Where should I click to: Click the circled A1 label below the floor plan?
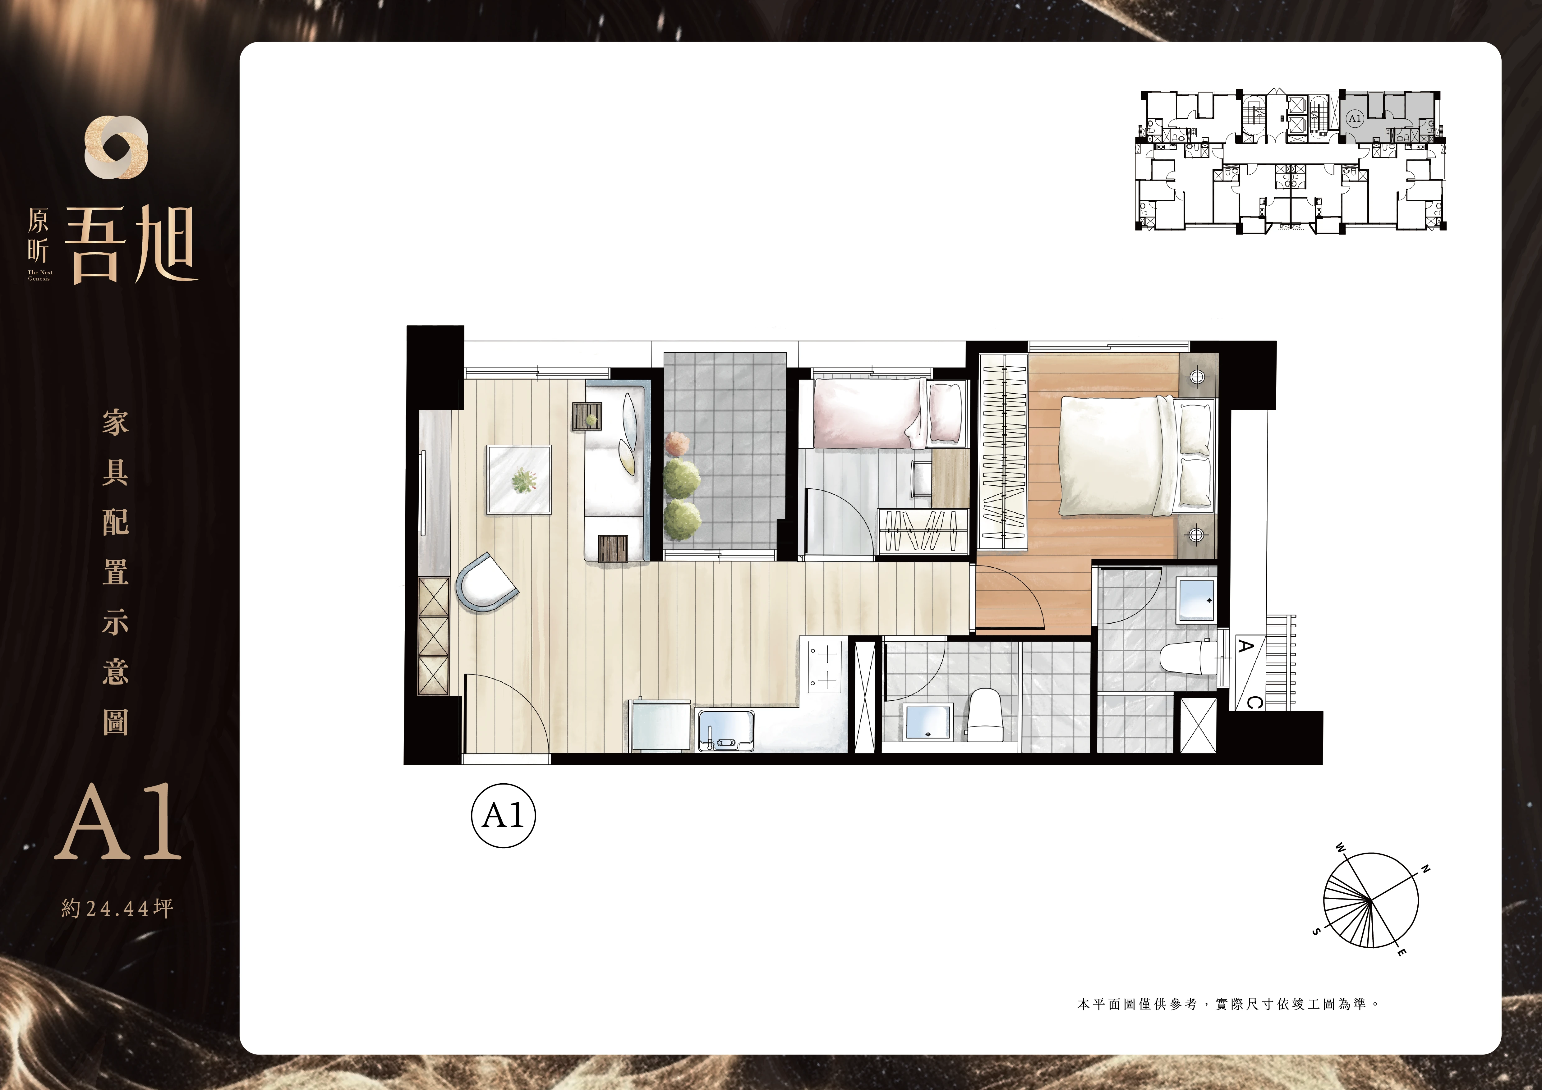coord(503,816)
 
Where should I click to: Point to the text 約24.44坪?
coord(117,909)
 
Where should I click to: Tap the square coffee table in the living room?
coord(519,479)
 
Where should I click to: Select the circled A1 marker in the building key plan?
coord(1354,119)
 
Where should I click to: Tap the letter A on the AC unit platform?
coord(1245,646)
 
